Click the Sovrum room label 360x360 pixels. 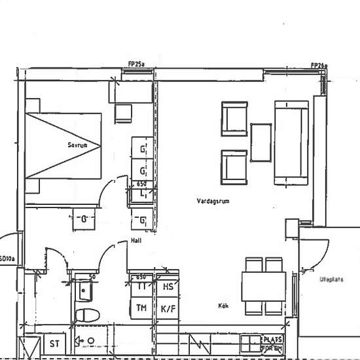78,144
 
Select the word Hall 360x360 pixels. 136,241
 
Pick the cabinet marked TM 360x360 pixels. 141,307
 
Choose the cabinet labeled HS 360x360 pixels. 167,287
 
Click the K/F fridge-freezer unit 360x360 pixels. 167,308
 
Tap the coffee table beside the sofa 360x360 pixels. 261,142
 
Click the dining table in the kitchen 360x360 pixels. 264,286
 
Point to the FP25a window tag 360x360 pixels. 136,64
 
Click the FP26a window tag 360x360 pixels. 319,65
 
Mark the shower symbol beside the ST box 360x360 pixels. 86,341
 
